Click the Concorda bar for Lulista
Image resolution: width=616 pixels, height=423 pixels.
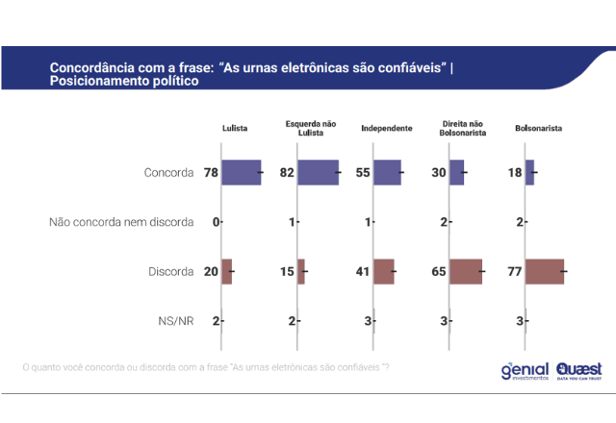point(242,172)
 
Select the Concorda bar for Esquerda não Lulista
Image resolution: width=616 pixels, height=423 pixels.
point(318,172)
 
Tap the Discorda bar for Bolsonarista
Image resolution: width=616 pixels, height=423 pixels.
point(545,272)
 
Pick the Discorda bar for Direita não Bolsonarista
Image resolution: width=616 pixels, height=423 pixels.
point(466,272)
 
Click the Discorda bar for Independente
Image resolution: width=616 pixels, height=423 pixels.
point(384,272)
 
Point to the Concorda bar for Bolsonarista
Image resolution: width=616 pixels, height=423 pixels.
point(529,172)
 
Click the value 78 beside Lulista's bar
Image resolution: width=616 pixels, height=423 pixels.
point(211,173)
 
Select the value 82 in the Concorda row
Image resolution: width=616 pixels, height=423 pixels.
point(287,173)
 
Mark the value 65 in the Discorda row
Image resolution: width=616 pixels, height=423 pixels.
point(439,272)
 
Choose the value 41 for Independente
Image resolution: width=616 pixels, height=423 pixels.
point(363,272)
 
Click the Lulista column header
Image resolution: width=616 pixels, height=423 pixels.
point(236,128)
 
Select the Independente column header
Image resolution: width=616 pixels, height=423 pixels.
point(387,128)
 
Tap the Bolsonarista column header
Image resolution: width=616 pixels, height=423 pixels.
point(539,128)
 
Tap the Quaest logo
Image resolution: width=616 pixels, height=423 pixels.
point(578,370)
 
